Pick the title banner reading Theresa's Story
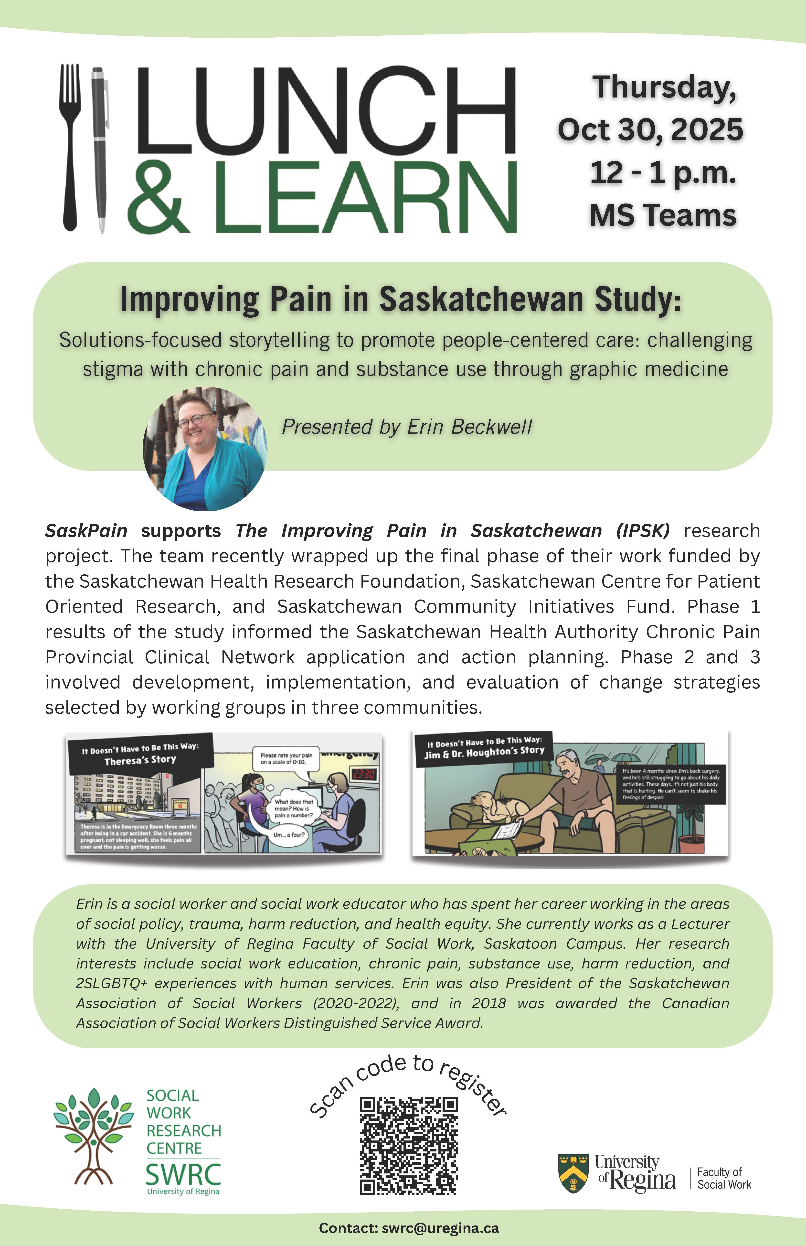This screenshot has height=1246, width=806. point(140,754)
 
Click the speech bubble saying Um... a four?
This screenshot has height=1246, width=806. point(288,835)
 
